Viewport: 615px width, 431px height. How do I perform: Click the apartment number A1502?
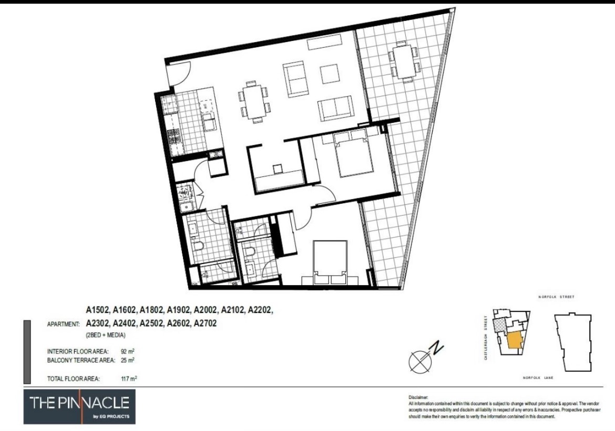(x=98, y=311)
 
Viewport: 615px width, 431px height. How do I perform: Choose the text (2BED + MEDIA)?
(x=105, y=335)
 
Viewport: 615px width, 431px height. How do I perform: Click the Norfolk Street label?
(x=556, y=297)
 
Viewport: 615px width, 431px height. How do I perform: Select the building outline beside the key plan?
(x=577, y=342)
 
